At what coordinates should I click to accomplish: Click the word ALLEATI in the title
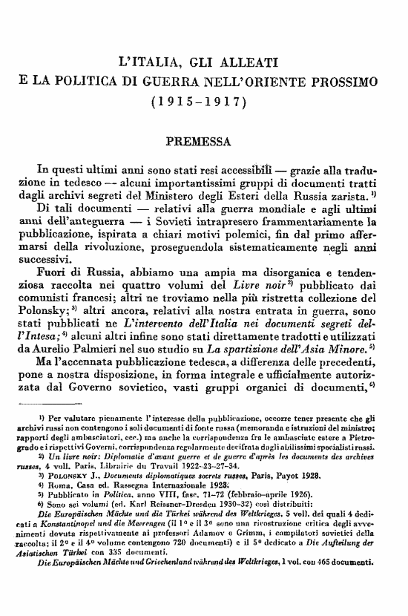(x=247, y=59)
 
